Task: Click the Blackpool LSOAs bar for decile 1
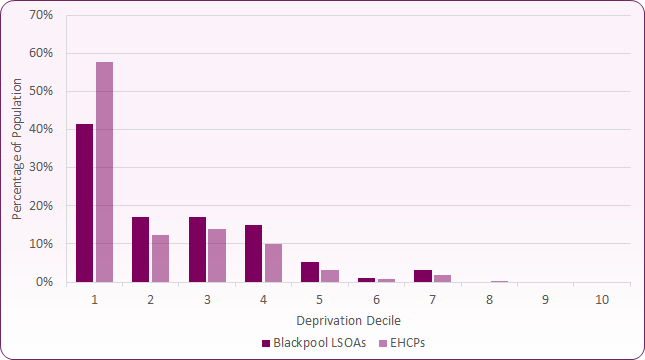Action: pos(84,203)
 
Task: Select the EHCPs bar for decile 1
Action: pos(104,172)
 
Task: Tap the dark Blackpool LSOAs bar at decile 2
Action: pos(140,250)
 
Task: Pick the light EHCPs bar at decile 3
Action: pos(216,256)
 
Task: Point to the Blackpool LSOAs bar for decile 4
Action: pos(253,254)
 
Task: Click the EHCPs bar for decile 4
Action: pos(273,263)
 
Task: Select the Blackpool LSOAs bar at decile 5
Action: pos(309,272)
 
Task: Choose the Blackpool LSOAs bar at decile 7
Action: pos(422,276)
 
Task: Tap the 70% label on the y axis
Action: pos(41,15)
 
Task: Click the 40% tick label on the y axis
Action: pos(41,129)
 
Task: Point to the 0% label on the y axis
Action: pos(44,282)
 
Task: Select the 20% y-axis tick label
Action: pos(41,206)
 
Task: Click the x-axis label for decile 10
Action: pos(601,299)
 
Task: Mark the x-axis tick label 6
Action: pos(375,299)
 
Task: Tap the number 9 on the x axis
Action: pos(545,299)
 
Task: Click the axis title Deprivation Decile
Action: pos(347,320)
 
